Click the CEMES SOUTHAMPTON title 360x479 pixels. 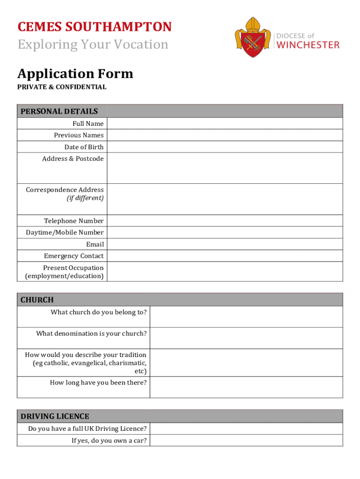pos(94,27)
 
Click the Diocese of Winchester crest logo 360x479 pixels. pos(253,37)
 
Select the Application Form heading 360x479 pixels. pos(75,74)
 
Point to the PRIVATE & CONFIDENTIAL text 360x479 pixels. pos(62,87)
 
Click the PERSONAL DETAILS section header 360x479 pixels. pos(59,111)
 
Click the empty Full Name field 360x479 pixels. pos(224,123)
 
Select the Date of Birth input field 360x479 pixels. pos(224,147)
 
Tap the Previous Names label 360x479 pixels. pos(79,135)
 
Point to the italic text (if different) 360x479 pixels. pos(85,198)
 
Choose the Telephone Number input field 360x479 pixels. pos(224,221)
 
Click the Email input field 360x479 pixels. pos(224,244)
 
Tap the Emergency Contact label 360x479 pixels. pos(74,256)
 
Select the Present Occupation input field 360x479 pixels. pos(224,272)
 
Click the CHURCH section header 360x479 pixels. pos(37,300)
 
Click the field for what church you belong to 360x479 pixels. pos(246,317)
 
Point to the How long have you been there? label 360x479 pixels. pos(98,383)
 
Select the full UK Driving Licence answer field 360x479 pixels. pos(246,428)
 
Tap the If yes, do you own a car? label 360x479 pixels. pos(108,440)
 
